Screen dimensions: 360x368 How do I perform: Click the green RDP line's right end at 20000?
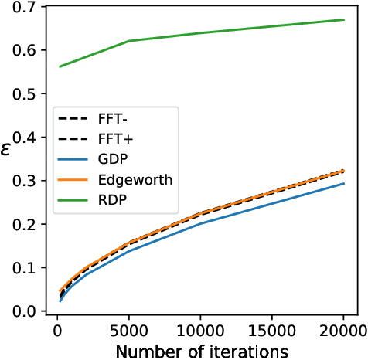343,19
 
